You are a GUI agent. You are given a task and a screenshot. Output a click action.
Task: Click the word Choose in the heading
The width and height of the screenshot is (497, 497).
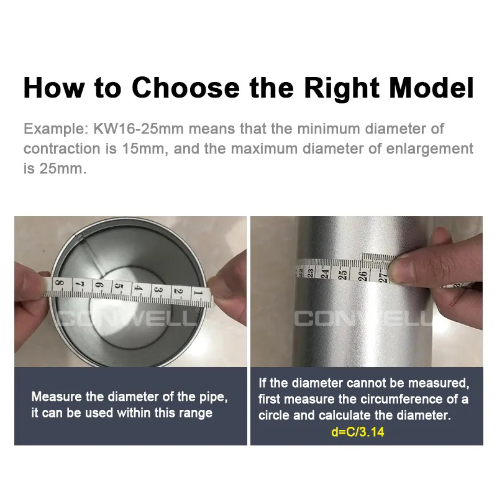point(185,88)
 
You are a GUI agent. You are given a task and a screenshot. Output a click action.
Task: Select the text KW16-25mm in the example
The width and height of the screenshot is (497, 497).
point(139,129)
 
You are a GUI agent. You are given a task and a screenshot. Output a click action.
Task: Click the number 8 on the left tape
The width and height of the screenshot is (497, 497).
point(59,282)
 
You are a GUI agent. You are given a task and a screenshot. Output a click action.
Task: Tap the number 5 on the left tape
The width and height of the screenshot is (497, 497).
point(118,286)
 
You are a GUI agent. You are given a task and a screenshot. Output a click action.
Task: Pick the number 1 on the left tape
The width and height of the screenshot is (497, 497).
point(198,293)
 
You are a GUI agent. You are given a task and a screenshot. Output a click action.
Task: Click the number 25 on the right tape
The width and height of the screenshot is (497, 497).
point(343,274)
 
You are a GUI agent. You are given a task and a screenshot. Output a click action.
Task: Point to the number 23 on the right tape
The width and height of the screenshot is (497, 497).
point(310,273)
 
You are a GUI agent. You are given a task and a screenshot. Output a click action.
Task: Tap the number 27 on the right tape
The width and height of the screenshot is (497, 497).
point(384,277)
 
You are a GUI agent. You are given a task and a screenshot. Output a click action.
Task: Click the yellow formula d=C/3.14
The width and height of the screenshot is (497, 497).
point(358,432)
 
